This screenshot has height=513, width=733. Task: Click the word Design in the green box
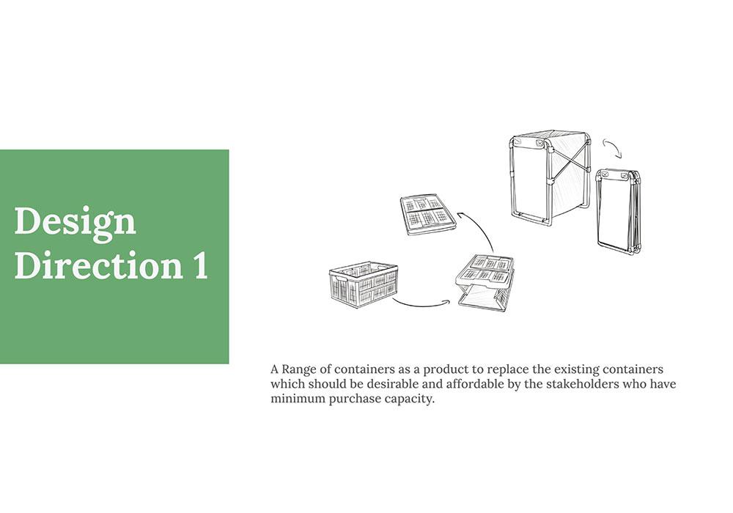(75, 222)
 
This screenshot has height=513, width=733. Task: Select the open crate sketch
(364, 284)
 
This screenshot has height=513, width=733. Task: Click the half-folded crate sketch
(485, 282)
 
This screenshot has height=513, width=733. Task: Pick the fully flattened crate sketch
(428, 215)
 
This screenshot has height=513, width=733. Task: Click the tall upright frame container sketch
(549, 177)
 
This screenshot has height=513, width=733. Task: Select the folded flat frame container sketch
(618, 213)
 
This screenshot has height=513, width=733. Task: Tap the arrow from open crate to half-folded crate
(421, 305)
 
